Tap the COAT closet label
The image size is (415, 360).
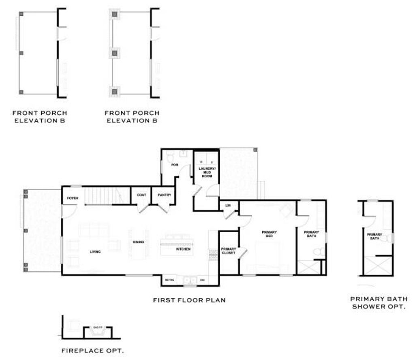point(141,195)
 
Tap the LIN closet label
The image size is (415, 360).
point(228,206)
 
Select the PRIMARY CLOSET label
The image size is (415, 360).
point(228,251)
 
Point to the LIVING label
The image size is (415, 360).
point(95,252)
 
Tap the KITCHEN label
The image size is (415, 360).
point(183,249)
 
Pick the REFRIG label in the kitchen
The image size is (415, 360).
point(169,280)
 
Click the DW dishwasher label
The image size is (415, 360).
point(202,280)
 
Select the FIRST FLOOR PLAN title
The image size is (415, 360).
point(189,300)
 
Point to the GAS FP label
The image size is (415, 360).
point(96,327)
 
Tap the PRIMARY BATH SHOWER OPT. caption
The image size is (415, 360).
point(378,302)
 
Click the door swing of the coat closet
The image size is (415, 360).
point(142,208)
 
